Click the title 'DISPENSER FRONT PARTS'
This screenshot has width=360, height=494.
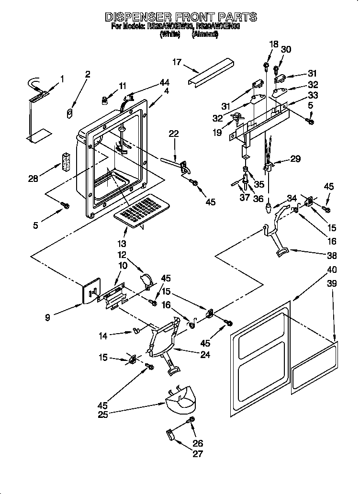click(180, 17)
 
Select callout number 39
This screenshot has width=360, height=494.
click(331, 284)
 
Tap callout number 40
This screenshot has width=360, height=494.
click(331, 269)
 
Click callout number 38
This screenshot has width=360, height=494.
click(331, 255)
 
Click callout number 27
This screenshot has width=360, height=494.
click(198, 454)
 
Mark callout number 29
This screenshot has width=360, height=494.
click(295, 159)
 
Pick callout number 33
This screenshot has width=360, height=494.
click(313, 95)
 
